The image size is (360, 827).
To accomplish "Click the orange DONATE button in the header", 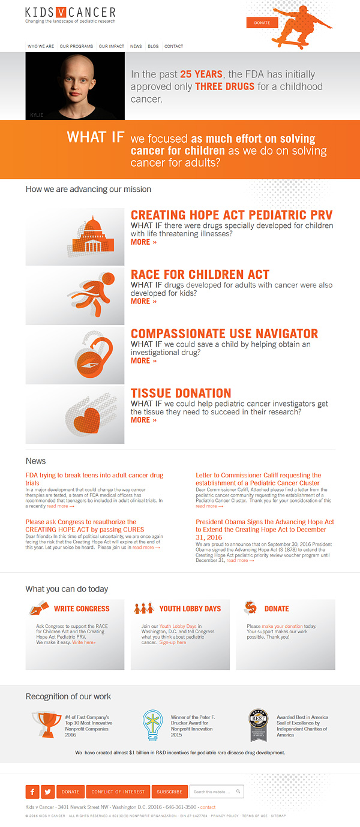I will pyautogui.click(x=262, y=23).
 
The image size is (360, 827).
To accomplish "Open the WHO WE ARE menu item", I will pyautogui.click(x=41, y=46).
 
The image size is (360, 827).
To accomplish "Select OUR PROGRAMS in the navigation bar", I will pyautogui.click(x=76, y=46).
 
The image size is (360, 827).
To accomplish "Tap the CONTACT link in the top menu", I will pyautogui.click(x=173, y=46).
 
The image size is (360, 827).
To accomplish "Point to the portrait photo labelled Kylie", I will pyautogui.click(x=75, y=85).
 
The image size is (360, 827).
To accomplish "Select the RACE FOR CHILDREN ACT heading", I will pyautogui.click(x=200, y=275).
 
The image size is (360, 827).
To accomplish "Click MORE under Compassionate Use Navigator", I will pyautogui.click(x=143, y=360).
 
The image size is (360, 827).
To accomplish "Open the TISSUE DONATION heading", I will pyautogui.click(x=181, y=393).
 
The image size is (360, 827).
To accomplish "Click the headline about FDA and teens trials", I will pyautogui.click(x=94, y=479).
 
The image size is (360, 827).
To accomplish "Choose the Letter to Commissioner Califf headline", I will pyautogui.click(x=259, y=479).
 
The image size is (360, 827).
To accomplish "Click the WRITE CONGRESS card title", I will pyautogui.click(x=82, y=609).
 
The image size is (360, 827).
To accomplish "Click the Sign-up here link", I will pyautogui.click(x=173, y=642).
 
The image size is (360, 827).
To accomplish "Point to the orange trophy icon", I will pyautogui.click(x=46, y=724).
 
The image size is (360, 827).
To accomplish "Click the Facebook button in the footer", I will pyautogui.click(x=32, y=792).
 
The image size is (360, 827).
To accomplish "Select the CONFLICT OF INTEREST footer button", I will pyautogui.click(x=118, y=792).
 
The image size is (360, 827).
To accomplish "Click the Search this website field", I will pyautogui.click(x=214, y=792).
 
